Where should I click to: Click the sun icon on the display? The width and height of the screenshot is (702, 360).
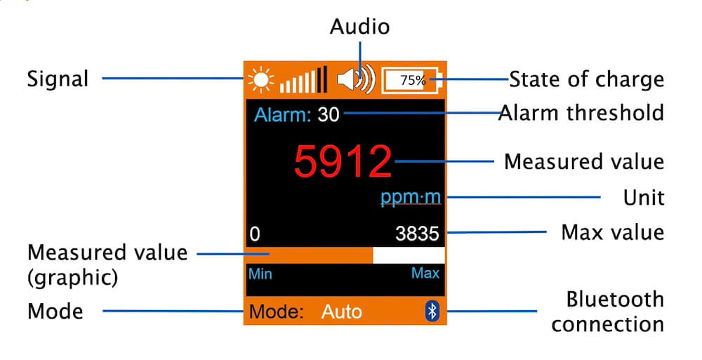pyautogui.click(x=260, y=79)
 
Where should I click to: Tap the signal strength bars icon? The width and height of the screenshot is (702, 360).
pyautogui.click(x=303, y=80)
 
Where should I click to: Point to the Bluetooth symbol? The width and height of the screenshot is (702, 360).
pyautogui.click(x=432, y=312)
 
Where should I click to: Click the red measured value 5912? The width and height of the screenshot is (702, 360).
pyautogui.click(x=342, y=161)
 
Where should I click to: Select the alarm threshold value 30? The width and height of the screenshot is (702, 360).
pyautogui.click(x=328, y=114)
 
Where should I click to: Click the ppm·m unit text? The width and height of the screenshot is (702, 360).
pyautogui.click(x=411, y=197)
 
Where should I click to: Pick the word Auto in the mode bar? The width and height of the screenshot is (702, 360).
pyautogui.click(x=341, y=312)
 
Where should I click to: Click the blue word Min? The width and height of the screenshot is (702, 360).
pyautogui.click(x=260, y=274)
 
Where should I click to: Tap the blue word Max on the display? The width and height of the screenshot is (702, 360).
pyautogui.click(x=425, y=273)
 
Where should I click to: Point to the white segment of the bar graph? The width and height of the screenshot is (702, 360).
pyautogui.click(x=409, y=255)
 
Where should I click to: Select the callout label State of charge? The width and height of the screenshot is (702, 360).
pyautogui.click(x=586, y=79)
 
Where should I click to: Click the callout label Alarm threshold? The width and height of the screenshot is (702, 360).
pyautogui.click(x=581, y=112)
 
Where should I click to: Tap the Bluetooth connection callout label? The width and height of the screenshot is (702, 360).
pyautogui.click(x=607, y=312)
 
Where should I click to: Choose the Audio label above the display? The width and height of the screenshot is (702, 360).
pyautogui.click(x=359, y=27)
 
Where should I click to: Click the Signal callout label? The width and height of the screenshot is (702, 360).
pyautogui.click(x=58, y=79)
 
